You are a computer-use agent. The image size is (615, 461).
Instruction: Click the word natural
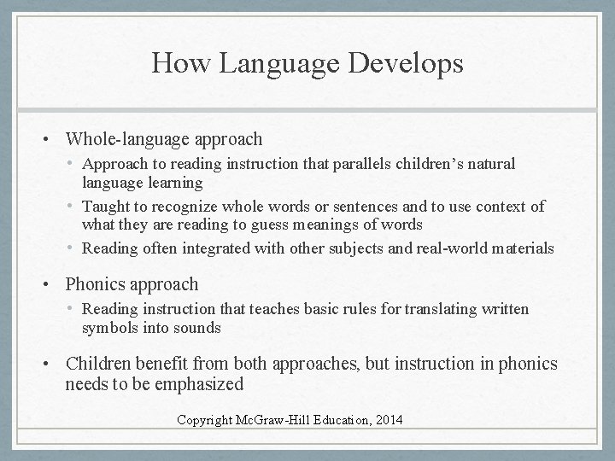(490, 163)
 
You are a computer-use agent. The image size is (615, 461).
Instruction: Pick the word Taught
(106, 207)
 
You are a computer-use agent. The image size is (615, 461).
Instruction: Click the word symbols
(108, 328)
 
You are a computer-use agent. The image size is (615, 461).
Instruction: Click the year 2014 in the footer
(387, 420)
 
